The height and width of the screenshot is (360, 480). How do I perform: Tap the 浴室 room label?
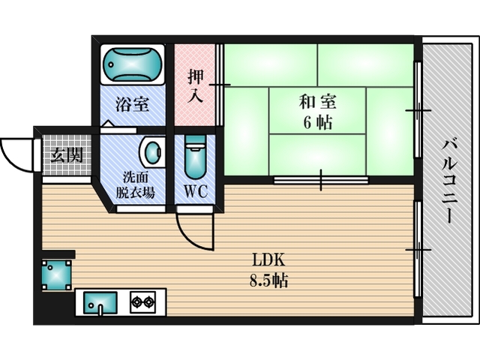tap(132, 104)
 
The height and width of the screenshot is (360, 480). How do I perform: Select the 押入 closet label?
tap(195, 86)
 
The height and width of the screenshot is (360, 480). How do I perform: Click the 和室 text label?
tap(317, 102)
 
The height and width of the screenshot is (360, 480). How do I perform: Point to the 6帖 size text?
tap(317, 123)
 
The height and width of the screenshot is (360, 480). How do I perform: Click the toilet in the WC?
tap(195, 157)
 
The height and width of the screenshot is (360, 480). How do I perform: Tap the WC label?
tap(196, 192)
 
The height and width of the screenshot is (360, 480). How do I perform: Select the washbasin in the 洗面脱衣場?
tap(152, 152)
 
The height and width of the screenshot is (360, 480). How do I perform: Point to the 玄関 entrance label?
tap(67, 155)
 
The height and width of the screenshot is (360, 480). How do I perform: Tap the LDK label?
tap(268, 260)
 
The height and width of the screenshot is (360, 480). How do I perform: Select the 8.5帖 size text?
tap(268, 280)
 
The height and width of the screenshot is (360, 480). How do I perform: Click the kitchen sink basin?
tap(100, 303)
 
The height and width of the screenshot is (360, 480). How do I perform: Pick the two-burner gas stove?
tap(142, 302)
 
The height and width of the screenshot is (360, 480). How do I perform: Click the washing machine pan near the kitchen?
tap(57, 275)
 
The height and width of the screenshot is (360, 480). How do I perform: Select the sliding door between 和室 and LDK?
tap(321, 180)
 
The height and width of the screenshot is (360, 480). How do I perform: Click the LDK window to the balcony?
tap(418, 250)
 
